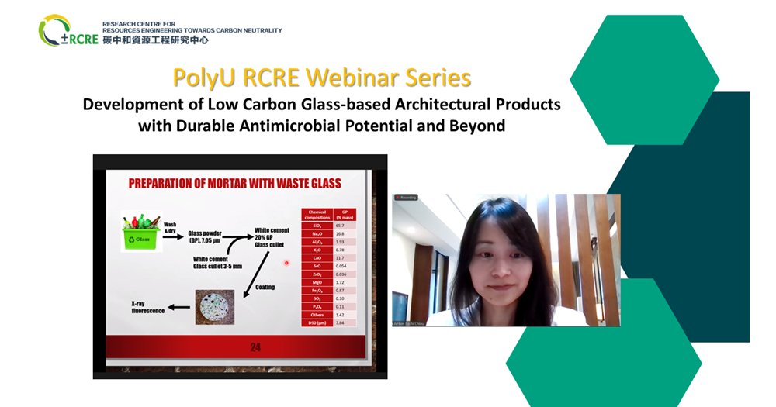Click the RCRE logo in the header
click(x=68, y=32)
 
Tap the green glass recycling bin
click(x=140, y=232)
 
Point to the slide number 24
click(x=255, y=347)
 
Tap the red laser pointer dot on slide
click(x=286, y=263)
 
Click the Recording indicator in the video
click(x=407, y=198)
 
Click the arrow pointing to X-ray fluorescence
click(x=178, y=306)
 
